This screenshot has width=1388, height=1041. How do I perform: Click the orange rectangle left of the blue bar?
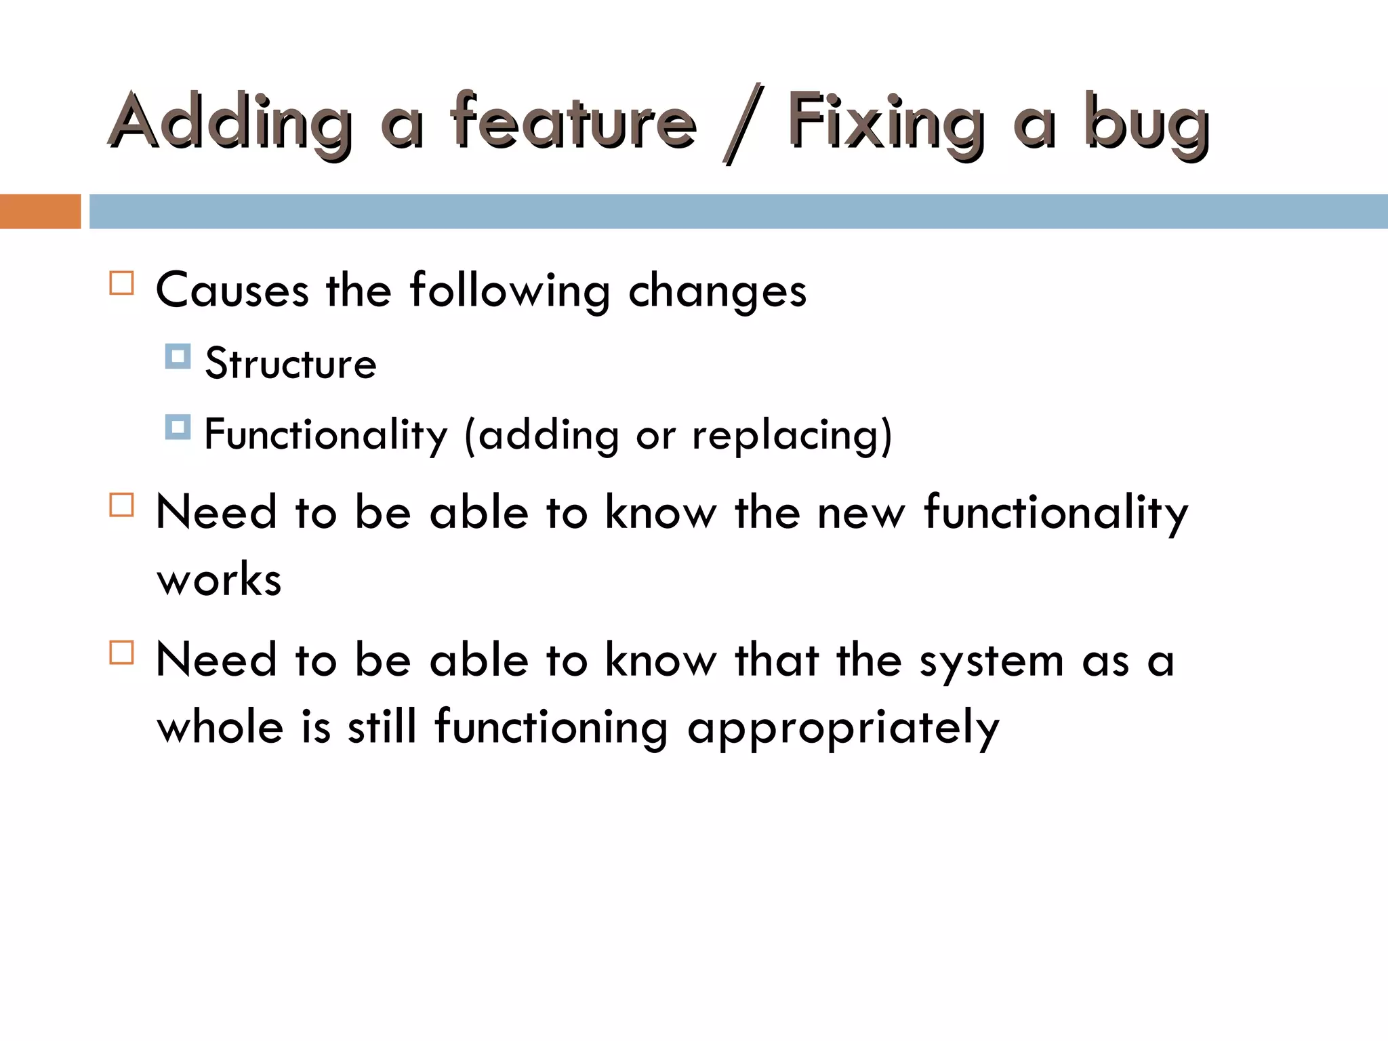click(x=40, y=211)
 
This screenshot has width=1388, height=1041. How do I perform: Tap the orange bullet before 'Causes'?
click(x=122, y=283)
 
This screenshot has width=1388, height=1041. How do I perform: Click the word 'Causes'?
click(x=232, y=291)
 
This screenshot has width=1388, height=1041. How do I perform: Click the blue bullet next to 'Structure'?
click(x=178, y=356)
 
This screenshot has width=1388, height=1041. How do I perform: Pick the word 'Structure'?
click(x=291, y=364)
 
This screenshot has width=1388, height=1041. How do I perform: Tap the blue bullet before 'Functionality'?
click(x=178, y=427)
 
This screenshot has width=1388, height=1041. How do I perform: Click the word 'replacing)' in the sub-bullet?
click(x=792, y=436)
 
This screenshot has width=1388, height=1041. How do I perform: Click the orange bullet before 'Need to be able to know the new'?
click(x=122, y=505)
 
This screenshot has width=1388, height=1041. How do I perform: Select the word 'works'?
click(x=219, y=580)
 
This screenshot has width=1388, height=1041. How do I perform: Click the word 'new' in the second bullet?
click(x=861, y=513)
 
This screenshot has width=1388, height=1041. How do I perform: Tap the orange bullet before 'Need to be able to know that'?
click(x=122, y=653)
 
